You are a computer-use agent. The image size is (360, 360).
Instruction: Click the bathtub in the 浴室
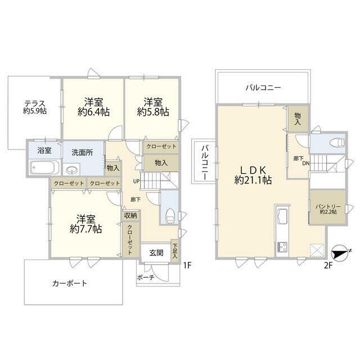(45, 168)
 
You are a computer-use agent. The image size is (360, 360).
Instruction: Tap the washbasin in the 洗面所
(71, 170)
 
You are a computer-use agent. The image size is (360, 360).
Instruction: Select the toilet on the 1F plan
(170, 215)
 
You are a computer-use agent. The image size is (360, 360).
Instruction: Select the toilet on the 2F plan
(337, 142)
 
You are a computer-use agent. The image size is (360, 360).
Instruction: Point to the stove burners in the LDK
(282, 247)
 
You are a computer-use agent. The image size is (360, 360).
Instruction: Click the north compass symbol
(341, 254)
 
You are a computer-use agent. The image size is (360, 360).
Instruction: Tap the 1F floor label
(187, 265)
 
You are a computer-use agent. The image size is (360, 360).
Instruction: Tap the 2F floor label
(328, 265)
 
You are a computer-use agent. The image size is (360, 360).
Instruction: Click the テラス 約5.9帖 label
(35, 107)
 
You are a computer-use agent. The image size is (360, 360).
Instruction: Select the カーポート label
(70, 283)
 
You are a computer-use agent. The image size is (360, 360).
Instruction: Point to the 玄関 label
(156, 253)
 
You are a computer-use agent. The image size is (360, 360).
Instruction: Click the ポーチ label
(146, 277)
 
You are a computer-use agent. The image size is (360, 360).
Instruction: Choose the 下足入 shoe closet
(175, 250)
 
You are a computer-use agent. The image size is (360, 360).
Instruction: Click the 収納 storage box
(130, 215)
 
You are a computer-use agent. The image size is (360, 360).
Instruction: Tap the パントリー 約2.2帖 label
(328, 209)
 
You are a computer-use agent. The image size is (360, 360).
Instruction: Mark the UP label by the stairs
(136, 181)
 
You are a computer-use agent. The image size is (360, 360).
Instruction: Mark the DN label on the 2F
(305, 163)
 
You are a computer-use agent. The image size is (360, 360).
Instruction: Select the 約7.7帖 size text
(86, 229)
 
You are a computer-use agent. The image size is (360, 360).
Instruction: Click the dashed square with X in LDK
(317, 250)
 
